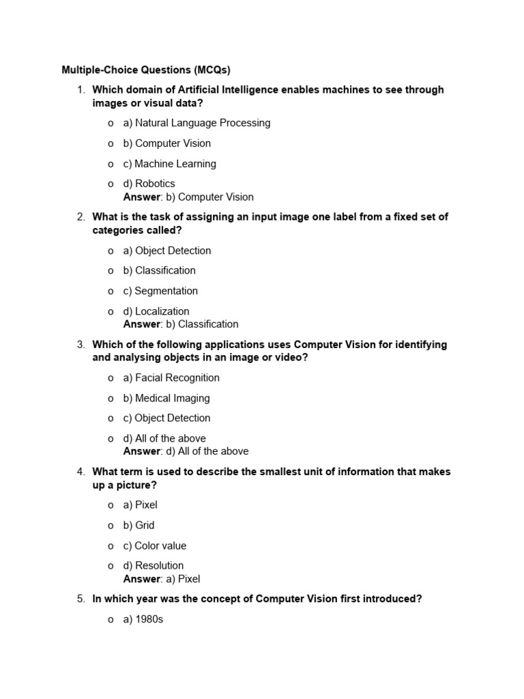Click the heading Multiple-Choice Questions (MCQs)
(x=146, y=70)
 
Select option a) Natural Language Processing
(x=196, y=123)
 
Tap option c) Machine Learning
(x=169, y=164)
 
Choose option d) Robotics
(x=149, y=184)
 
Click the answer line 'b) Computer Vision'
(x=188, y=197)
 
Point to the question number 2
(x=81, y=217)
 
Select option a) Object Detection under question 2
(x=167, y=251)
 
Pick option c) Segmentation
(x=160, y=291)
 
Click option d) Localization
(x=156, y=311)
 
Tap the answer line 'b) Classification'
(x=181, y=324)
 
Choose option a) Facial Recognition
(x=171, y=377)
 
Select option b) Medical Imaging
(x=166, y=398)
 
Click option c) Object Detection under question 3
(x=166, y=418)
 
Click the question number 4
(x=81, y=472)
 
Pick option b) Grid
(x=139, y=525)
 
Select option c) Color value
(x=154, y=545)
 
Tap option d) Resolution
(x=154, y=565)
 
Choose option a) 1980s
(x=143, y=620)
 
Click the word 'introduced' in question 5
(x=394, y=599)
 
